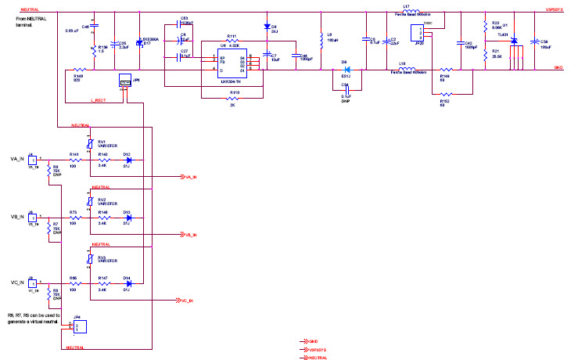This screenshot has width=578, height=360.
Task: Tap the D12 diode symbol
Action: pos(127,160)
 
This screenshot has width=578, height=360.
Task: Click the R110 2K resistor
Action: pos(234,99)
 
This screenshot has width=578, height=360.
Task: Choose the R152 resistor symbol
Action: pos(444,95)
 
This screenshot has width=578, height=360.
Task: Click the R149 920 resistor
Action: pos(77,70)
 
